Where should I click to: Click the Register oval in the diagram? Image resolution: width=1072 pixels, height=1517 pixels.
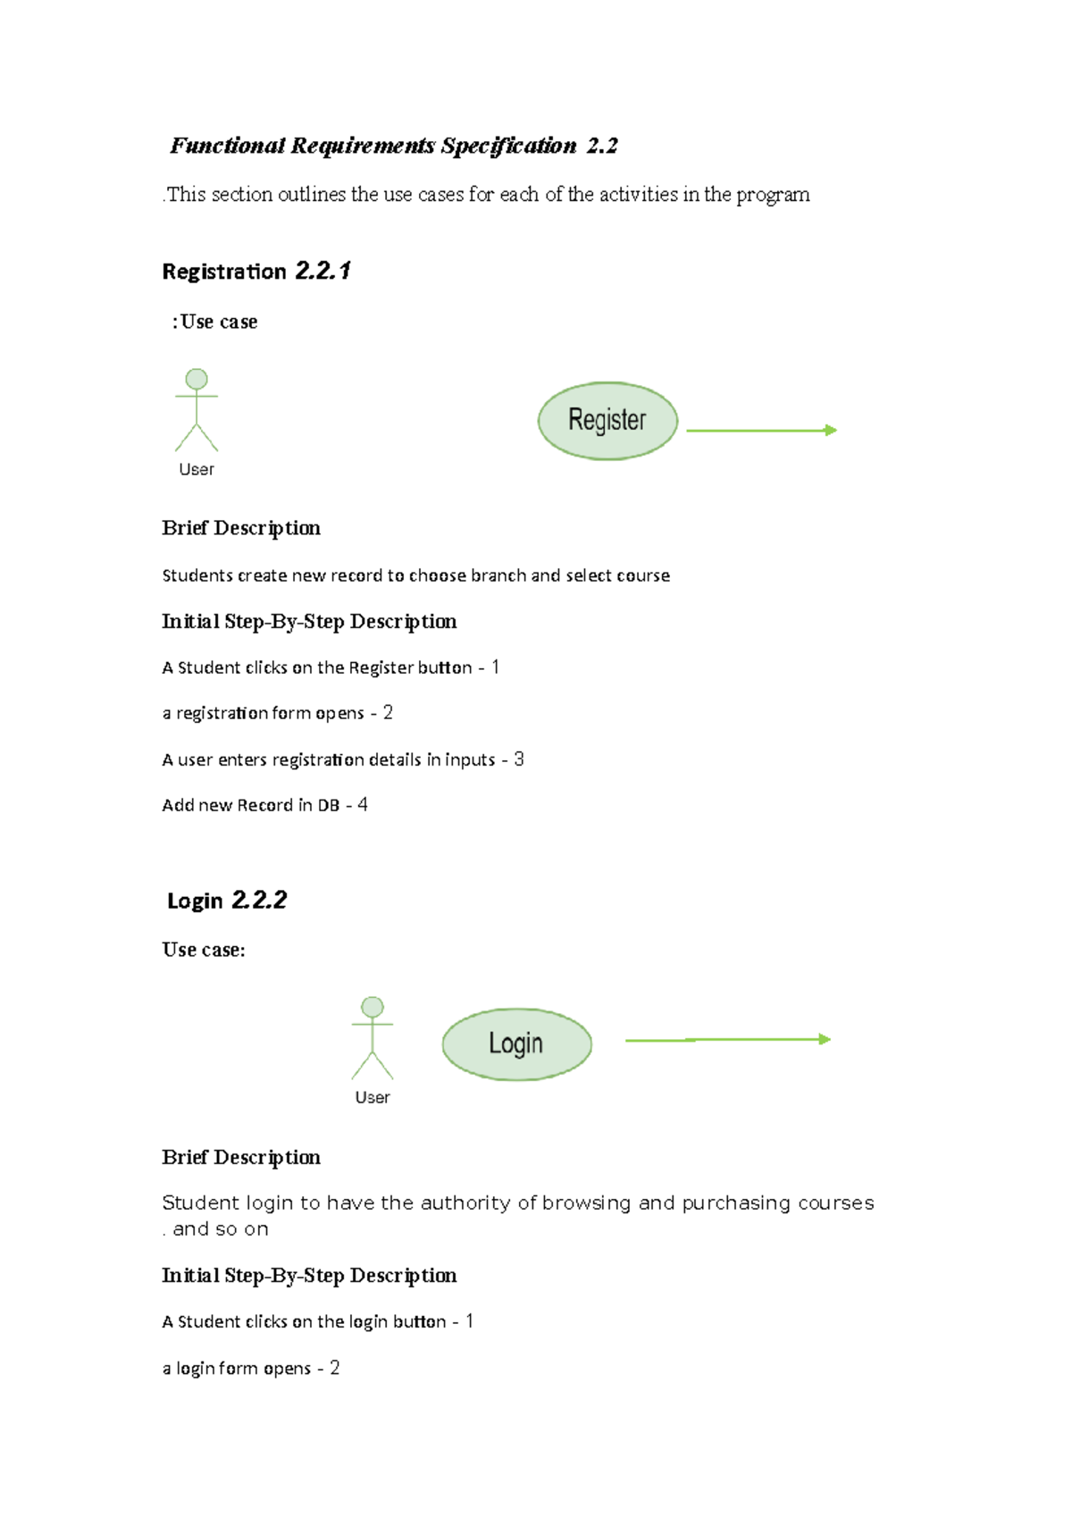point(607,421)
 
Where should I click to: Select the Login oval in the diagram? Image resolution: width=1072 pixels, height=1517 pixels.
point(516,1043)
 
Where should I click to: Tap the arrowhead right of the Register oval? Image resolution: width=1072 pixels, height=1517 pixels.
point(831,431)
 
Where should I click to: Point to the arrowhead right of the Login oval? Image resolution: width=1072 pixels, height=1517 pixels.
point(825,1039)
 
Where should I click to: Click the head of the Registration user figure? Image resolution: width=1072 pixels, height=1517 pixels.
point(197,379)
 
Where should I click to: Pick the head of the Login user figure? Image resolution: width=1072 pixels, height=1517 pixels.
point(373,1007)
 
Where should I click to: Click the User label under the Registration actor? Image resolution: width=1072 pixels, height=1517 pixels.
point(197,470)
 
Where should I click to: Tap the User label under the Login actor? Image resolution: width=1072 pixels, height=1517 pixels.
point(373,1098)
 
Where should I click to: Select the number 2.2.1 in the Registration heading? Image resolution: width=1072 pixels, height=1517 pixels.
point(322,271)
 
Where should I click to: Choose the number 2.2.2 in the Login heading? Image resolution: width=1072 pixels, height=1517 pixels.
point(259,900)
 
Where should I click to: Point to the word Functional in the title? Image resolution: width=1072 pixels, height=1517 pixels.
point(228,147)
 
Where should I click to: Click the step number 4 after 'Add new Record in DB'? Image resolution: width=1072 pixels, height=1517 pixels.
point(363,805)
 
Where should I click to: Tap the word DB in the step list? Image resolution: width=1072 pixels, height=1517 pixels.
point(329,806)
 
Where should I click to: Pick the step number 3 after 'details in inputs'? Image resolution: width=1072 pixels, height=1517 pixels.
point(519,759)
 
